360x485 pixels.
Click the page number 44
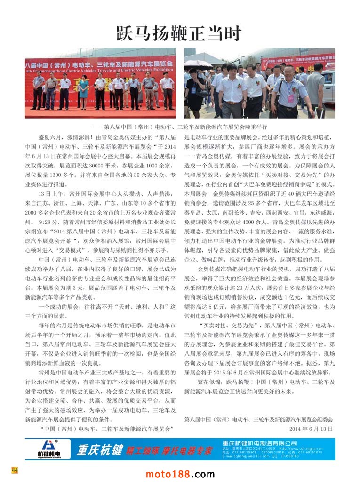pos(15,470)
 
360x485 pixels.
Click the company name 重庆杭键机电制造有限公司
pos(260,443)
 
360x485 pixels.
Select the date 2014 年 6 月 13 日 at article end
pos(311,429)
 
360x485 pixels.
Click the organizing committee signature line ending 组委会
pos(258,419)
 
